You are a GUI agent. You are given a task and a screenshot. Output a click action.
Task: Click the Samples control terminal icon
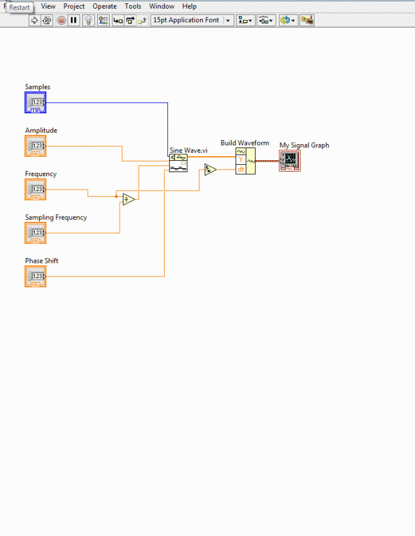click(x=35, y=103)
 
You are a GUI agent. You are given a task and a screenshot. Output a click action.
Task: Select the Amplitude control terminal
click(x=35, y=146)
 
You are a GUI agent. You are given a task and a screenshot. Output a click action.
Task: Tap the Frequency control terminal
click(x=35, y=190)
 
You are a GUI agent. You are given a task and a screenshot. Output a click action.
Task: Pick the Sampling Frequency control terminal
click(x=35, y=233)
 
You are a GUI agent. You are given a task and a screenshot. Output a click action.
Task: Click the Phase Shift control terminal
click(x=35, y=276)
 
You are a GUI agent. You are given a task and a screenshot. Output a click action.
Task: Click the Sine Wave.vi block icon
click(x=178, y=163)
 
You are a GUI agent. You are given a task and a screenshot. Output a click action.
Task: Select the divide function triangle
click(x=129, y=199)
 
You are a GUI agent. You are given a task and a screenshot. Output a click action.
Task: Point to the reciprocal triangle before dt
click(x=210, y=170)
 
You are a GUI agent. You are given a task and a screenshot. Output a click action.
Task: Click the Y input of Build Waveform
click(x=241, y=160)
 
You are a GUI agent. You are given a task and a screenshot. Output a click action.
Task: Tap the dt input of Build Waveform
click(x=241, y=169)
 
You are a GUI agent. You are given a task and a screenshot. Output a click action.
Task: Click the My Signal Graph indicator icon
click(x=290, y=161)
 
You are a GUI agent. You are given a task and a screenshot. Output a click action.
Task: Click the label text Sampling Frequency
click(x=56, y=218)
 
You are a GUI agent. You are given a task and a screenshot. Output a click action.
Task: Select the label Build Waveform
click(x=245, y=143)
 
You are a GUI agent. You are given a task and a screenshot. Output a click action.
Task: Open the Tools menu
click(x=133, y=6)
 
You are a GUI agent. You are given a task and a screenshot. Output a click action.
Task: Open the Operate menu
click(x=104, y=6)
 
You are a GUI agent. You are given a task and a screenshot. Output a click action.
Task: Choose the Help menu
click(x=189, y=6)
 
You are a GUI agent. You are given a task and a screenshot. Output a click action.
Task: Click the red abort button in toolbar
click(x=61, y=20)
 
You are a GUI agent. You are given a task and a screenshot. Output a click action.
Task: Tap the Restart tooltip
click(x=19, y=7)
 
